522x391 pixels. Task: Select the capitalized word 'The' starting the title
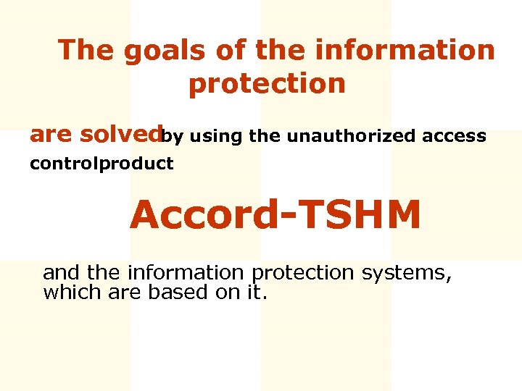(83, 50)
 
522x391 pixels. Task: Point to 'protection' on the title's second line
(267, 83)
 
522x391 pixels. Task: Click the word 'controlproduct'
(101, 164)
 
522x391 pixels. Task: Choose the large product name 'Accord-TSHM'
(275, 215)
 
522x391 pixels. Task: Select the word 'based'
(173, 293)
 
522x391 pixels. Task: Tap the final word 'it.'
(257, 293)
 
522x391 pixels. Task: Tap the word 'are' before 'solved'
(51, 135)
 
